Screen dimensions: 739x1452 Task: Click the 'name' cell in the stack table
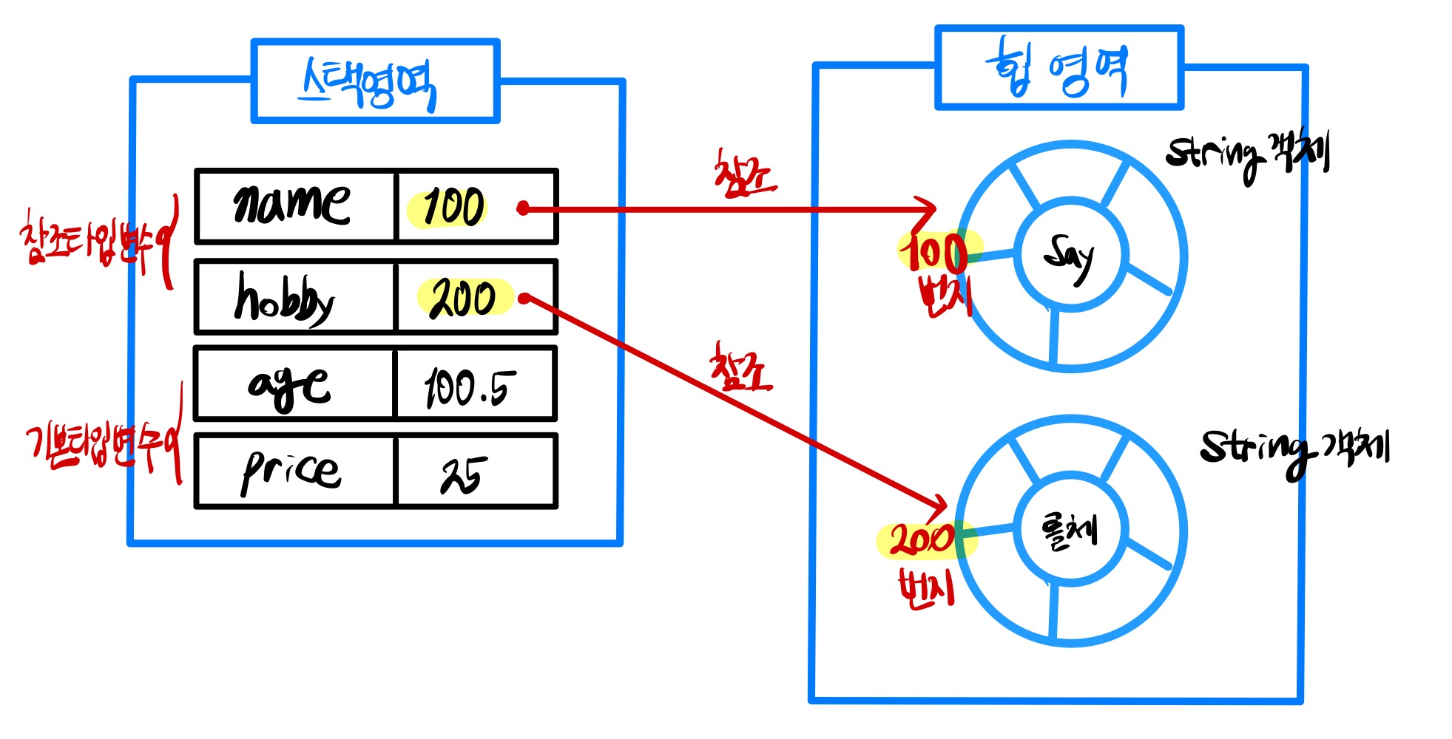(x=294, y=205)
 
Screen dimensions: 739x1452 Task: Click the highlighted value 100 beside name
(x=453, y=207)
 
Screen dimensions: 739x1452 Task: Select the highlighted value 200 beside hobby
(x=464, y=298)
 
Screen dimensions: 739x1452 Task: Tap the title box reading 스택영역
(x=374, y=81)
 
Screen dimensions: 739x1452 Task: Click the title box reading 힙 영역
(x=1058, y=68)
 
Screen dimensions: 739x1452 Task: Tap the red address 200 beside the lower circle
(x=922, y=539)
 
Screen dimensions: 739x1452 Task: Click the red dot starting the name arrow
(x=524, y=208)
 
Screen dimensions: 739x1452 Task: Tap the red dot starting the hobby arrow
(x=524, y=299)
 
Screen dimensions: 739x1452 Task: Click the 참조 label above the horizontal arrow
(x=743, y=174)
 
